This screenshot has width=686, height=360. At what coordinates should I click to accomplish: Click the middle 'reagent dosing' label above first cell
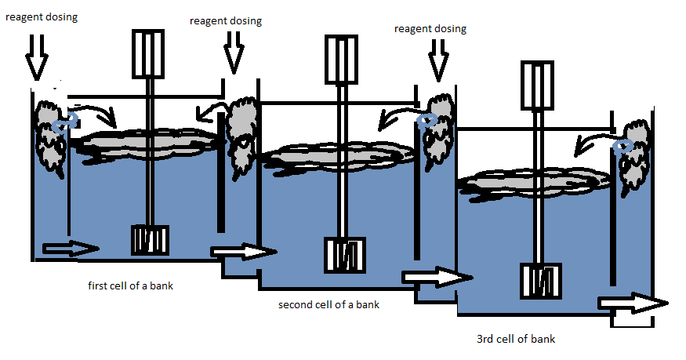point(226,21)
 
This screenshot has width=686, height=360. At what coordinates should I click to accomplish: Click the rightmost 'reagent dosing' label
point(430,29)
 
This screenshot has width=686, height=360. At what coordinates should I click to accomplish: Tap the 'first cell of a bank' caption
point(131,285)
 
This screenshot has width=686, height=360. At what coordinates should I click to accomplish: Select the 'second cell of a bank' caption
point(328,304)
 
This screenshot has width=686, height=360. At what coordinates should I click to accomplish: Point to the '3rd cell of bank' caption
point(516,340)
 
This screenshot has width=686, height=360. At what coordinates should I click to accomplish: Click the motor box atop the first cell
point(149,53)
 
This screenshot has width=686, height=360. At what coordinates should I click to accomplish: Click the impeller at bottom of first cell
point(149,240)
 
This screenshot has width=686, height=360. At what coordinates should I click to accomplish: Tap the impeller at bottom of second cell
point(345,255)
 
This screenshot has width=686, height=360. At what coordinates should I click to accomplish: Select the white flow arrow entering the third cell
point(437,277)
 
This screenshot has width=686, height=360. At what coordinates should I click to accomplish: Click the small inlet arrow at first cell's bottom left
point(71,249)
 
